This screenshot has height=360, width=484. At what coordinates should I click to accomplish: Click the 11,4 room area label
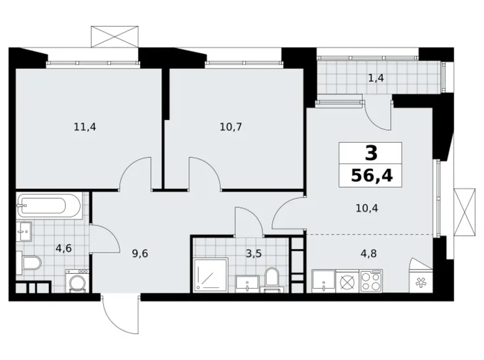pos(84,127)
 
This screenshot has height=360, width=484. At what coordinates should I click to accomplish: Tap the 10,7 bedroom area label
pos(230,127)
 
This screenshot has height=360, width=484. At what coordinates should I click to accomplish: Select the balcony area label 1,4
pos(375,78)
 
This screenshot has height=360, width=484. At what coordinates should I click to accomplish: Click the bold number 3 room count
pos(370,153)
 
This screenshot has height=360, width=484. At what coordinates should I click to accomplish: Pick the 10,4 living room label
pos(367,208)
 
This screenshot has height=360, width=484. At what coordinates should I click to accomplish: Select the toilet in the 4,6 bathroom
pos(30,264)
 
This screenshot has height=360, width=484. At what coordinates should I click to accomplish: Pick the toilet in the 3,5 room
pos(271,278)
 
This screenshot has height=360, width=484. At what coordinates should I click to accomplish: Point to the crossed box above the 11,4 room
pos(114,36)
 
